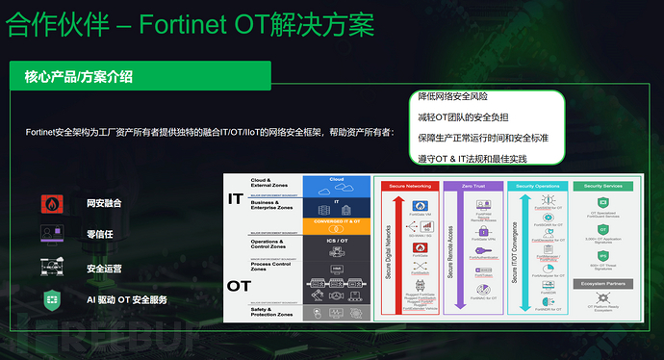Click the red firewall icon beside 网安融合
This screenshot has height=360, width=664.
click(51, 203)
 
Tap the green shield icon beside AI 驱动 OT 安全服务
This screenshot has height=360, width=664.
click(51, 299)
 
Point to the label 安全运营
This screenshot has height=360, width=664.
click(104, 268)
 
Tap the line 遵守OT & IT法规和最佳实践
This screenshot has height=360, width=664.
click(472, 157)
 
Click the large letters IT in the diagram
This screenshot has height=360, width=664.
click(234, 199)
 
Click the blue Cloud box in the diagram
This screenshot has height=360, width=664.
click(336, 180)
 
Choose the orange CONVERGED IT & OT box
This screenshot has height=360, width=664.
click(336, 220)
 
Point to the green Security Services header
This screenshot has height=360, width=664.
click(603, 185)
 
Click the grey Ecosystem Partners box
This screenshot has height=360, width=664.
click(603, 283)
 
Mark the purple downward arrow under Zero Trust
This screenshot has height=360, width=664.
click(460, 252)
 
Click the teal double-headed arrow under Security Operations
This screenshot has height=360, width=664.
click(525, 252)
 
